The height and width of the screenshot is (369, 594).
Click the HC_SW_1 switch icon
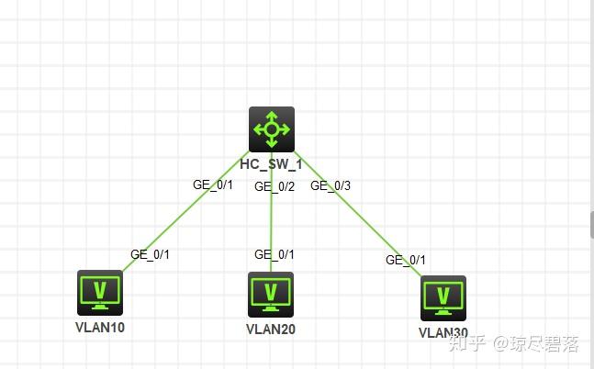272,129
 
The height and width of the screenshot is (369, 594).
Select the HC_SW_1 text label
272,164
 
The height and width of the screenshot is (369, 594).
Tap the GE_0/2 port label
275,186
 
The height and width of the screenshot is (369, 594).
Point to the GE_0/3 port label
331,185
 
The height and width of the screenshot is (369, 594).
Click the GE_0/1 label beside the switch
213,184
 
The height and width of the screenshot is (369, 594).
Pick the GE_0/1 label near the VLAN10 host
151,254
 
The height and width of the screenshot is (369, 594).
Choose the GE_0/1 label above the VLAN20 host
275,254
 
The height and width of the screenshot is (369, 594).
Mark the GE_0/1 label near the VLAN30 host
406,260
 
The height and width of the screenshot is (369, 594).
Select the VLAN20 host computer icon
271,294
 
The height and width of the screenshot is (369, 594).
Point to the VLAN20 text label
272,328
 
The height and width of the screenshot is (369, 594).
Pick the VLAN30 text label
443,332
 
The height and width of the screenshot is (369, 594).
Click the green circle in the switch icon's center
272,129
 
